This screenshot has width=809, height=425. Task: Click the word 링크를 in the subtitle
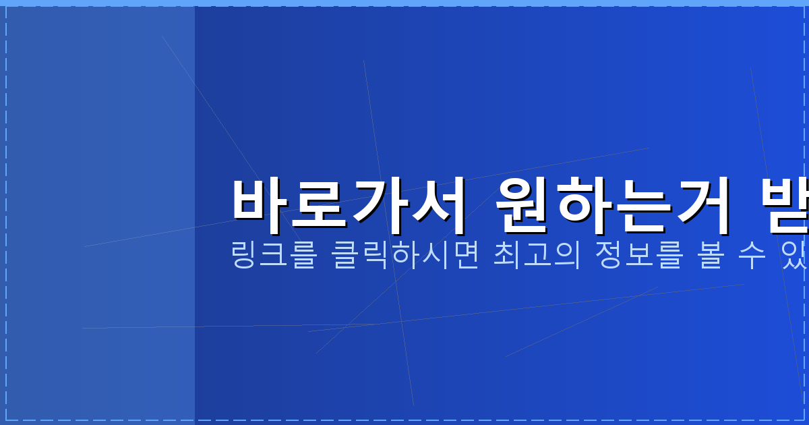coord(273,257)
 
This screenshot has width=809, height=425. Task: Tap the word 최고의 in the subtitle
coord(537,257)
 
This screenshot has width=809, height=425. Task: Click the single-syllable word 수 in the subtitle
coord(756,257)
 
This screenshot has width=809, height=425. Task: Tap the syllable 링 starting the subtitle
coord(243,257)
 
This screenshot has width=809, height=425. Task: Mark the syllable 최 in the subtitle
coord(508,257)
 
